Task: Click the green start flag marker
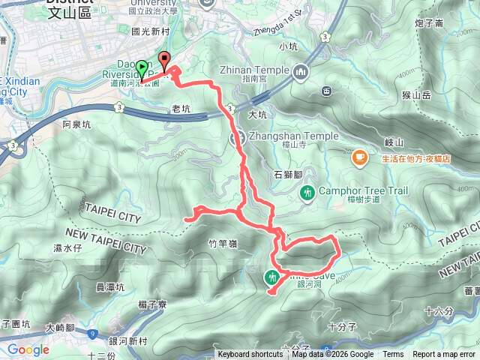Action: pyautogui.click(x=142, y=69)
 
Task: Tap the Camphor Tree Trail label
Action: pyautogui.click(x=364, y=191)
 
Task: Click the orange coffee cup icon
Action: pyautogui.click(x=360, y=157)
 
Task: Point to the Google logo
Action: pyautogui.click(x=28, y=349)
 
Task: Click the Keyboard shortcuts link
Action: pyautogui.click(x=250, y=355)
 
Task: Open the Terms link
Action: pyautogui.click(x=393, y=355)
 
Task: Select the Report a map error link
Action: pyautogui.click(x=445, y=355)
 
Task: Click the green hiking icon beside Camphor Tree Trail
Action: pyautogui.click(x=307, y=193)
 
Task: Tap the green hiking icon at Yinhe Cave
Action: pyautogui.click(x=271, y=278)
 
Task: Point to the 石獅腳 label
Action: pyautogui.click(x=288, y=174)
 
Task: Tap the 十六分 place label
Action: pyautogui.click(x=439, y=310)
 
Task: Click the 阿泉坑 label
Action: pyautogui.click(x=76, y=124)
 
